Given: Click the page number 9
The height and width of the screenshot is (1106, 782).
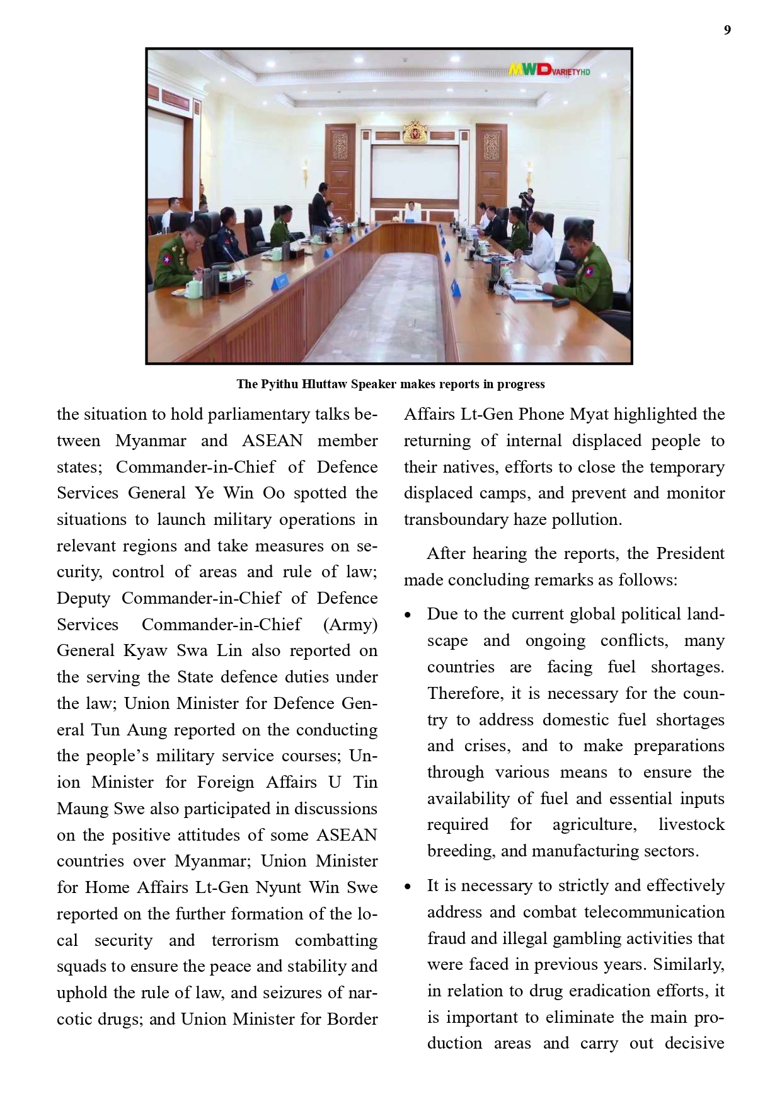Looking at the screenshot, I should click(727, 30).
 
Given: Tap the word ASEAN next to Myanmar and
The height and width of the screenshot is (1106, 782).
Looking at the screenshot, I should click(272, 441).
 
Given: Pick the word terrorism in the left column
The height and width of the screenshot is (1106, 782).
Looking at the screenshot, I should click(244, 940).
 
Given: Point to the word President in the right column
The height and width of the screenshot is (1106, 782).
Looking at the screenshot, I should click(691, 553).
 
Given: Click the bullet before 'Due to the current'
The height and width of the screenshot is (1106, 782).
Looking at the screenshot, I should click(408, 615).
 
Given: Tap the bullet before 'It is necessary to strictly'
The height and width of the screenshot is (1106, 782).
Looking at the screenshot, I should click(408, 887).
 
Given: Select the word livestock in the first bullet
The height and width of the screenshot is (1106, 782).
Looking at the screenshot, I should click(691, 824).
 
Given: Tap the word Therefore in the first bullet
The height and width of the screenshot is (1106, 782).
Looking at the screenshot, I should click(465, 693).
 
